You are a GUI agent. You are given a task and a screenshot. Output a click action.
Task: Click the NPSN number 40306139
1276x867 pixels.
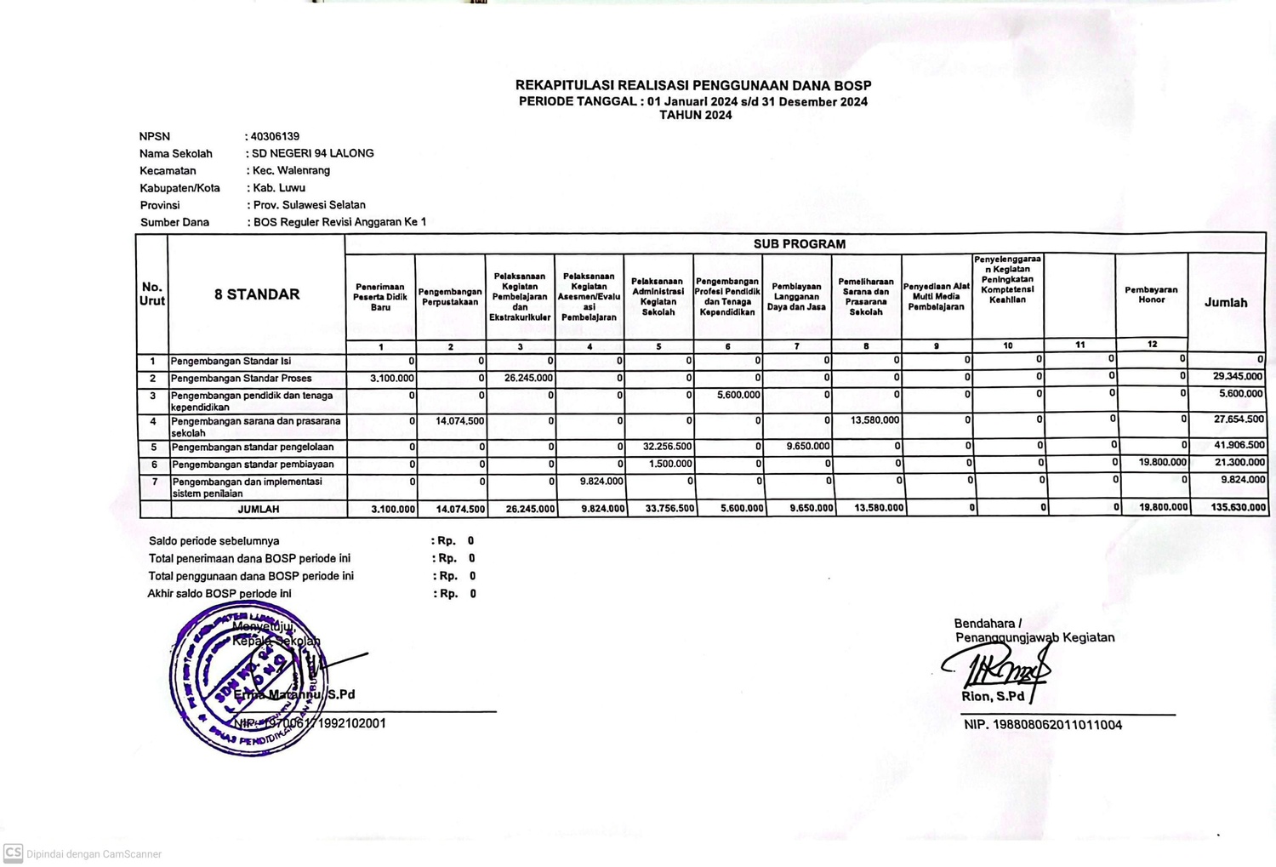point(275,136)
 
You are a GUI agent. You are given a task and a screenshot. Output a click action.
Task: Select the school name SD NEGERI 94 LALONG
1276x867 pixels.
point(313,153)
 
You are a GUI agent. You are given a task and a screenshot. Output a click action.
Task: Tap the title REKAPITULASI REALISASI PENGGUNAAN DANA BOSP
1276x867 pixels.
point(693,85)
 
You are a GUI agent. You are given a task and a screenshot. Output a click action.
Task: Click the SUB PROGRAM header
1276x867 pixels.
point(799,244)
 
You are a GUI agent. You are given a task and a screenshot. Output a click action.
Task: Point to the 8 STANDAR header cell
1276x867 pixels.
point(257,294)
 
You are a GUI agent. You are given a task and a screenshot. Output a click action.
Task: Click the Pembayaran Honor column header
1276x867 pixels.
point(1151,294)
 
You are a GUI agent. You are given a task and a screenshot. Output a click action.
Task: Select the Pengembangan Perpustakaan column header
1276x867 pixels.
point(450,297)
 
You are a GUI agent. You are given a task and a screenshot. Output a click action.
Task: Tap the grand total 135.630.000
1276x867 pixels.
point(1238,507)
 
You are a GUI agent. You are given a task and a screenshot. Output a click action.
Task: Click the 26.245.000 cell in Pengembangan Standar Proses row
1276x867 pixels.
point(528,378)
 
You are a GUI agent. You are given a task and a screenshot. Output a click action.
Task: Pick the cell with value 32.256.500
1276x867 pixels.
point(667,446)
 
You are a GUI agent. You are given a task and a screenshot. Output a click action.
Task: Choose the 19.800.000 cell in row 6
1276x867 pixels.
point(1162,462)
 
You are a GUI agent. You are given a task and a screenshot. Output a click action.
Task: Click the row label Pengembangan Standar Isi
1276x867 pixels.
point(231,361)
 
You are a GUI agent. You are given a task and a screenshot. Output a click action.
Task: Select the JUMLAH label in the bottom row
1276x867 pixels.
point(259,509)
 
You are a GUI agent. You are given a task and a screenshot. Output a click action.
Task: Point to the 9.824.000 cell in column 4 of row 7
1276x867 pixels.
point(601,481)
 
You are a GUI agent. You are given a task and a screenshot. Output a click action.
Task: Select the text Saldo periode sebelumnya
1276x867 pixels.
point(214,541)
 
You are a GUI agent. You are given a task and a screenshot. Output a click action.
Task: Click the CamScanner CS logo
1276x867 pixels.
point(13,853)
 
